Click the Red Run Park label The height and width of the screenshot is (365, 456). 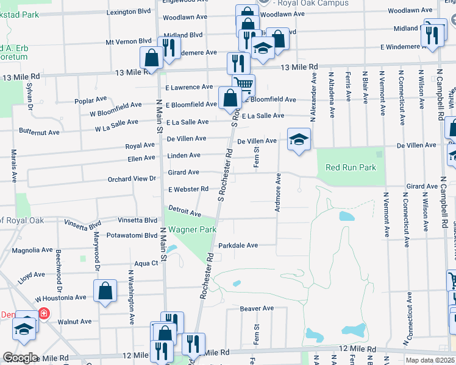[351, 167]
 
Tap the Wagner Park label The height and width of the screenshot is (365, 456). [192, 230]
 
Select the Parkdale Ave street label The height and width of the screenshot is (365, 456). [238, 245]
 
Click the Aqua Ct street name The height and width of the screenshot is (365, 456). [146, 263]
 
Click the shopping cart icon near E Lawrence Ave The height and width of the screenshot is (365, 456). [243, 85]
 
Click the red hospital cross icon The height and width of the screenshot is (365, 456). [44, 314]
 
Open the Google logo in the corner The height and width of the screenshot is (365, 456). [20, 357]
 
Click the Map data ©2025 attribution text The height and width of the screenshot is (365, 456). [429, 360]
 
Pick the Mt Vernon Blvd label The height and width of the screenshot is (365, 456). [128, 41]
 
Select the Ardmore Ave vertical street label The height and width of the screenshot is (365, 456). [278, 192]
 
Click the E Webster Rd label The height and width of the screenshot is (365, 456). [188, 189]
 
